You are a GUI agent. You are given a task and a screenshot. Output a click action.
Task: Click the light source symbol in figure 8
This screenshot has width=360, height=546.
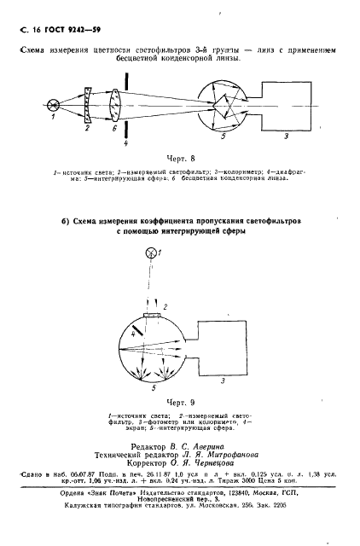pyautogui.click(x=55, y=105)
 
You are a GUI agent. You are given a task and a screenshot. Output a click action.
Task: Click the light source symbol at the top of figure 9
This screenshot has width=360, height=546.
pyautogui.click(x=154, y=252)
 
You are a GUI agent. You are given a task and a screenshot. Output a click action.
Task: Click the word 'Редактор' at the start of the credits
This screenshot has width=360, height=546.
pyautogui.click(x=148, y=446)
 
